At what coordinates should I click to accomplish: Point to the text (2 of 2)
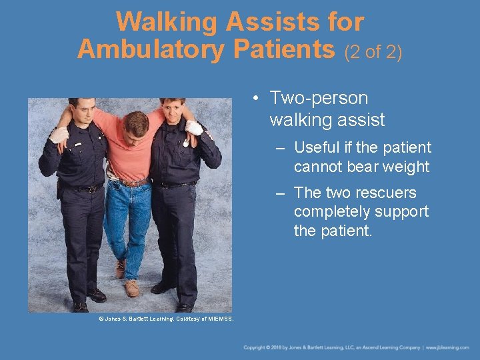(x=373, y=51)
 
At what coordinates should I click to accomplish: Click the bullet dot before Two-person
(x=256, y=99)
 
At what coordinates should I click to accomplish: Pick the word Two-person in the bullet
(x=319, y=99)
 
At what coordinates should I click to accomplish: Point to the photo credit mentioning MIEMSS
(x=166, y=319)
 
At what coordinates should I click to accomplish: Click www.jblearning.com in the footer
(x=449, y=348)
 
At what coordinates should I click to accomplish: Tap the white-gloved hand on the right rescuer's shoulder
(x=194, y=128)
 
